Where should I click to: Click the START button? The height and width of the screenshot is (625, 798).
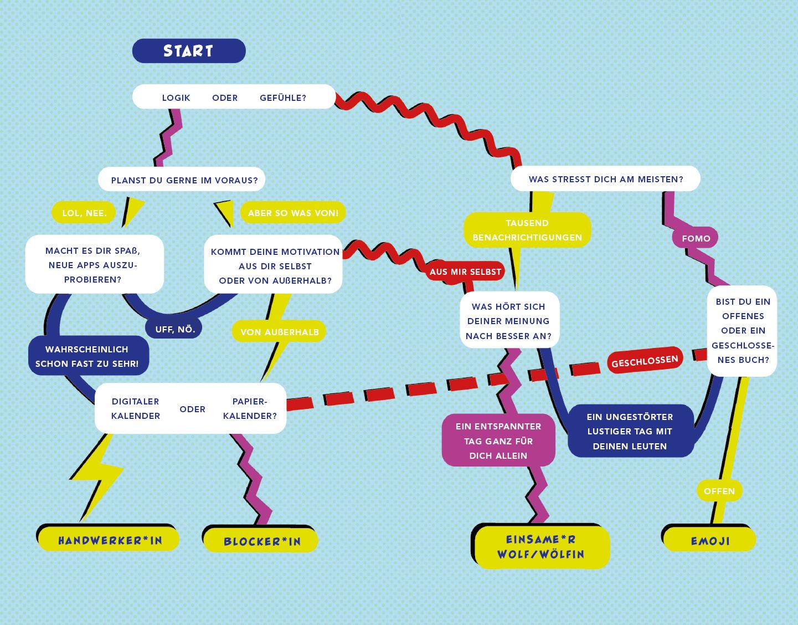tap(188, 51)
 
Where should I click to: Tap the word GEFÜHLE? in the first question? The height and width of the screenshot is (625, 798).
tap(282, 98)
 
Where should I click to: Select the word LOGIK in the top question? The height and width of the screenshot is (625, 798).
tap(176, 98)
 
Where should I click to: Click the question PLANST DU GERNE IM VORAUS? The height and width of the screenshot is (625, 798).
tap(184, 180)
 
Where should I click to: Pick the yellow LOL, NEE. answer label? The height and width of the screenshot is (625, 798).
tap(84, 213)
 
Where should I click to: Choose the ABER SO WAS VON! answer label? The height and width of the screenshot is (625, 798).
tap(293, 213)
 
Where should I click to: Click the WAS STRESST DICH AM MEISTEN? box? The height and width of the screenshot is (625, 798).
tap(605, 180)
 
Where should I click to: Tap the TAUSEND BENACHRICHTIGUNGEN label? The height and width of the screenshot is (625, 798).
tap(527, 230)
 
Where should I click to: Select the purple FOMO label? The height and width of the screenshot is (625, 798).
tap(696, 238)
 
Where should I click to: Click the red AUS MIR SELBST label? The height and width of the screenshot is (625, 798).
tap(465, 271)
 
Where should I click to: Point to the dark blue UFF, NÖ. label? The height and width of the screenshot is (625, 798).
tap(174, 329)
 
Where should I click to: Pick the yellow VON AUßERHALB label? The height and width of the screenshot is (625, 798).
tap(279, 332)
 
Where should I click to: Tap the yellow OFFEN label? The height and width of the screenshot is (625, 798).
tap(719, 491)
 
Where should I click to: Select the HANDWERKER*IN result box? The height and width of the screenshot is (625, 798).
tap(110, 540)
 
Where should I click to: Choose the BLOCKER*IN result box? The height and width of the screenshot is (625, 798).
tap(262, 541)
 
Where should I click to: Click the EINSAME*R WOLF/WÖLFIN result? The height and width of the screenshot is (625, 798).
tap(541, 547)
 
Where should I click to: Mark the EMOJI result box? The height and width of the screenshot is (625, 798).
tap(710, 541)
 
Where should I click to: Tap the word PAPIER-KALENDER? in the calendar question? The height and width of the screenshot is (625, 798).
tap(249, 409)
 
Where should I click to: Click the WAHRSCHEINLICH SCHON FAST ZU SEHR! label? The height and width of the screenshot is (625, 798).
tap(87, 356)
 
